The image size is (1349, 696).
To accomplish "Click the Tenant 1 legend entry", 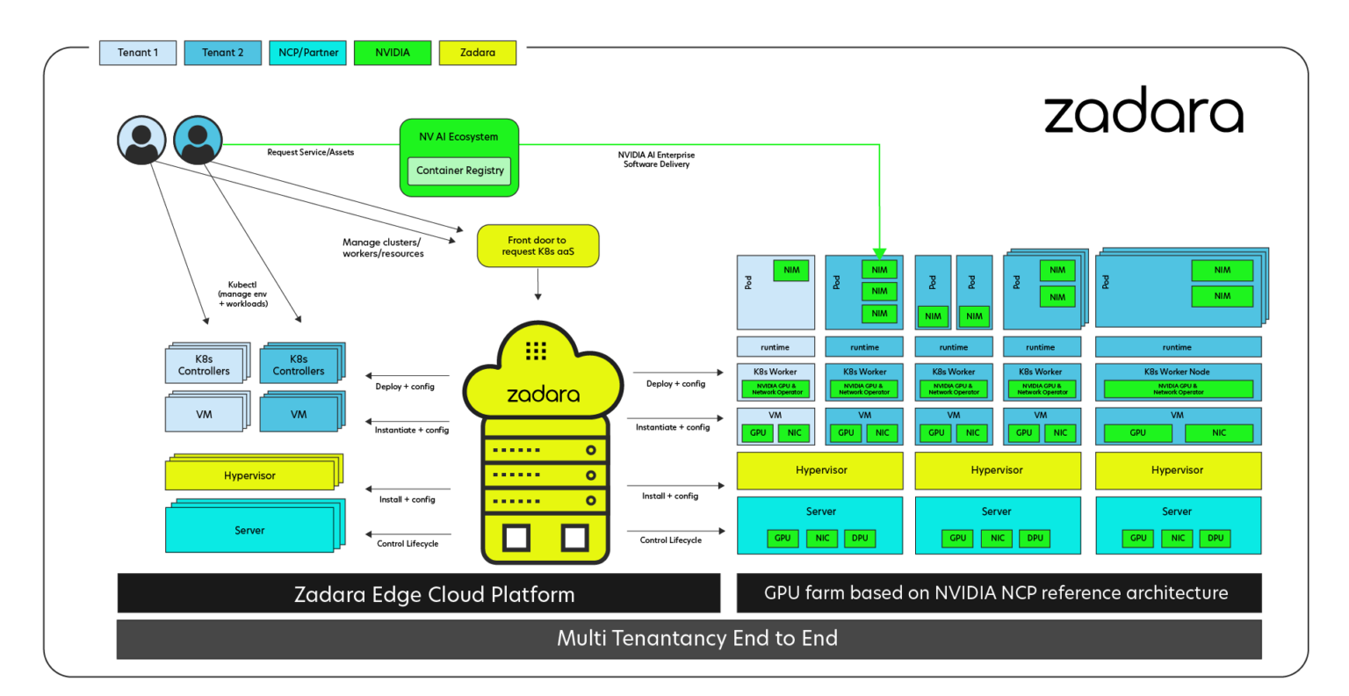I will pos(138,53).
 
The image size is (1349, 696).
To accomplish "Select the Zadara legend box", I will pos(478,53).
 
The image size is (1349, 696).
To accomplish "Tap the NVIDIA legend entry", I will pos(393,53).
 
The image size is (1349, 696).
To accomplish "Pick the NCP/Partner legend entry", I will pos(308,53).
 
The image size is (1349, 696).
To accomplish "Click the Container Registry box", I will pos(460,170).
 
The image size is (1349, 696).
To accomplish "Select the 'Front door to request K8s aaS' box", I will pos(537,246).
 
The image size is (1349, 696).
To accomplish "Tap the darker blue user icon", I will pos(198,141).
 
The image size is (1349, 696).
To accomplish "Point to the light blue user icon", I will pos(142,141).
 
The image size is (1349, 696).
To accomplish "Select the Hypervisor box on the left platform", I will pos(249,475).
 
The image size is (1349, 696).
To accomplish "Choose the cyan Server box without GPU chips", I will pos(249,530).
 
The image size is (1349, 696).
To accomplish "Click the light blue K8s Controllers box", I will pos(204,365).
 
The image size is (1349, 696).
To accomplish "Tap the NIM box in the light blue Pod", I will pos(791,270).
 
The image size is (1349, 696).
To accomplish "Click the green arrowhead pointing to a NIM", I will pos(880,252).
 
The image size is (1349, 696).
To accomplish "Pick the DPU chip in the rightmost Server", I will pos(1216,538).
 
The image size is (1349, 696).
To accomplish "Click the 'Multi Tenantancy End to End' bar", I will pos(689,638).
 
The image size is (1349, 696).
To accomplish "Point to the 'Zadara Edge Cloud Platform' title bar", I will pos(419,594).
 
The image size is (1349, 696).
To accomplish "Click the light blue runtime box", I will pos(775,347).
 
